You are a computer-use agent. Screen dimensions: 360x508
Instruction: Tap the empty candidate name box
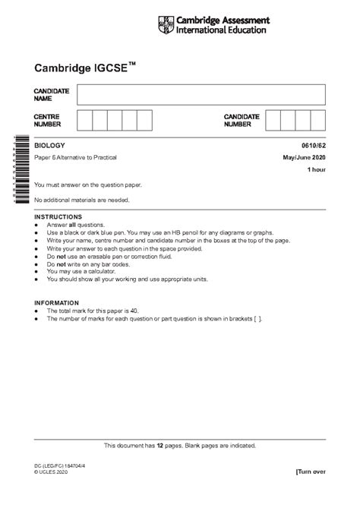(x=201, y=94)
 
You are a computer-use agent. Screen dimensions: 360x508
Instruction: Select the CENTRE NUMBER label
(x=48, y=121)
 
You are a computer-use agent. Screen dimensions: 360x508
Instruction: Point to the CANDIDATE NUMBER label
(x=242, y=121)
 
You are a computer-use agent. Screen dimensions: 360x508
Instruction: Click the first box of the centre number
(x=84, y=121)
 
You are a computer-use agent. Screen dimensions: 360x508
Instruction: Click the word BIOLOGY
(x=50, y=145)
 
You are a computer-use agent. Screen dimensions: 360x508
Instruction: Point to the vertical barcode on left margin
(x=14, y=170)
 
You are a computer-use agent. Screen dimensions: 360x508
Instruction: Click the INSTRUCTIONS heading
(x=58, y=217)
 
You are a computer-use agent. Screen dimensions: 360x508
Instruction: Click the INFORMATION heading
(x=56, y=303)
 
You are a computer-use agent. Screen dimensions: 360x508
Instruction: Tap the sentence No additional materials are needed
(x=82, y=200)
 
